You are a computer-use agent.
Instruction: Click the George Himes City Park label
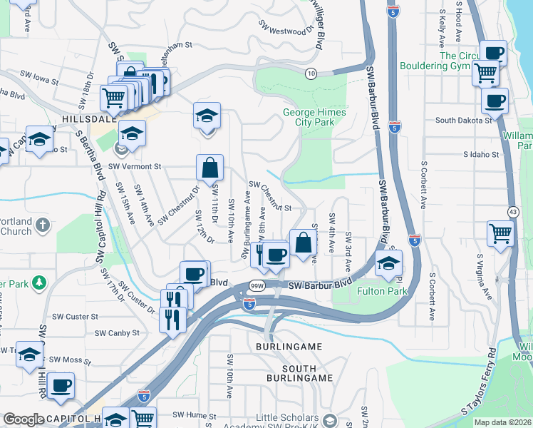coord(314,117)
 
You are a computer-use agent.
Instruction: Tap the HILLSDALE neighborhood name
coord(89,119)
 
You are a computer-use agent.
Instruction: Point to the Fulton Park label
coord(381,291)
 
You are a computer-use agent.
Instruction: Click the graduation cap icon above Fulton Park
coord(388,264)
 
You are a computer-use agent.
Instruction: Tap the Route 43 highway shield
coord(512,212)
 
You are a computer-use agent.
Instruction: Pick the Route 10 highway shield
coord(311,73)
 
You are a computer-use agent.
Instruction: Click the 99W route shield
coord(257,285)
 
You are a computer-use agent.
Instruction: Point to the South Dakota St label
coord(464,120)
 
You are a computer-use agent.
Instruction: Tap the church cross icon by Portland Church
coord(43,225)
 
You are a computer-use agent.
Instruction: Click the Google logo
coord(24,419)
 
